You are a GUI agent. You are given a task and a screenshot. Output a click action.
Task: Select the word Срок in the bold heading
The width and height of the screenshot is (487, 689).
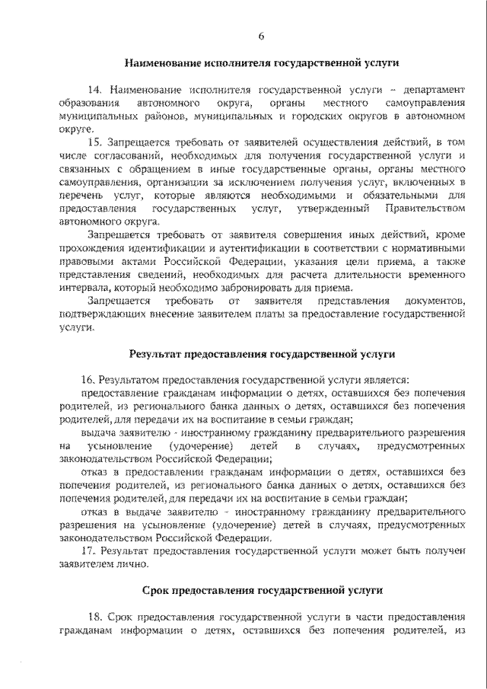157,589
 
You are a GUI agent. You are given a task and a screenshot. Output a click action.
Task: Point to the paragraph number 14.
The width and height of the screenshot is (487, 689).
95,90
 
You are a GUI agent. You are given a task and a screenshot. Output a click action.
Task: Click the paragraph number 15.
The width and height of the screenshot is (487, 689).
96,142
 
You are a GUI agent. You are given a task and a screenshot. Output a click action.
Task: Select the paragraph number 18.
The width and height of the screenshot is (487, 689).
96,615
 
